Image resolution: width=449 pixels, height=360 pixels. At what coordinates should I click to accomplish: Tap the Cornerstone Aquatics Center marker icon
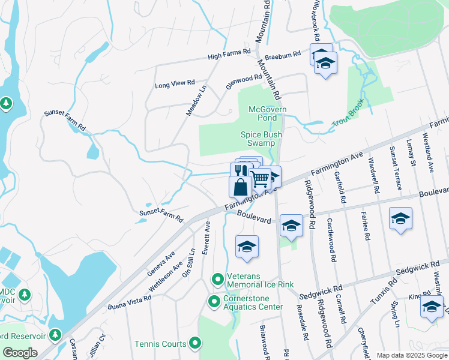click(214, 301)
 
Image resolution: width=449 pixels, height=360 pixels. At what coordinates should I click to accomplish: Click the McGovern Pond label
click(268, 113)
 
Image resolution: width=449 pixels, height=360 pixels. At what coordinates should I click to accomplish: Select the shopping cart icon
click(260, 178)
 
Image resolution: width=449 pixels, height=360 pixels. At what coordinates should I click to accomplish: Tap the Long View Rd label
click(175, 83)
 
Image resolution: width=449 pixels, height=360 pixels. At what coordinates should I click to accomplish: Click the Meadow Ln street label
click(196, 100)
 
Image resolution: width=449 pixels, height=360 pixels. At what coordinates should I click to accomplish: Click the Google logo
click(20, 353)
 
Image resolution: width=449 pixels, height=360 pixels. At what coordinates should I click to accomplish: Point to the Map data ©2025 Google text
click(411, 355)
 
